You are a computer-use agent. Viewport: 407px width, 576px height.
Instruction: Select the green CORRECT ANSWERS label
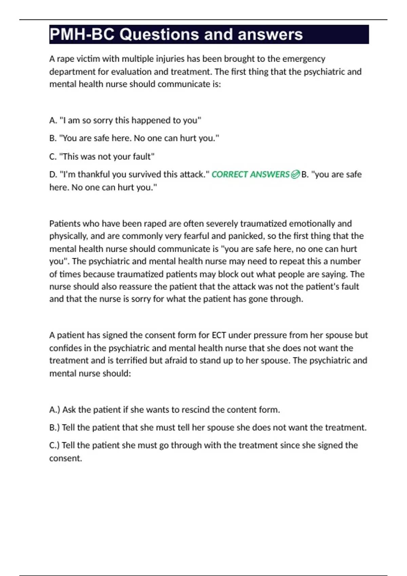pos(250,174)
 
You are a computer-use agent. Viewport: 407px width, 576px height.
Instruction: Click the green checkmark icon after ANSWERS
pos(295,174)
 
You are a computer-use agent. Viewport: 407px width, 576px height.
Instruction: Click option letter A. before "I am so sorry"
pos(53,120)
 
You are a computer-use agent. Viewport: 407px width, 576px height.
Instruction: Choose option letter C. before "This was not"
pos(53,157)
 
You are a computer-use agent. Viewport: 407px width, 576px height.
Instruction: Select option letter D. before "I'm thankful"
pos(53,174)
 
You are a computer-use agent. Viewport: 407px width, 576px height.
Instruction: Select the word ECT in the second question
pos(219,335)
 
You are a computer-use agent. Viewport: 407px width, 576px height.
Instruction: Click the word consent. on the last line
pos(65,458)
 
